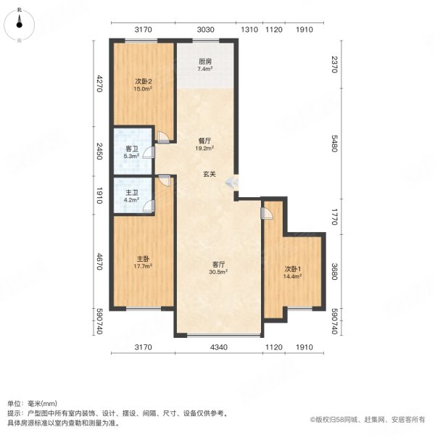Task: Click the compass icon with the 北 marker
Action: (x=20, y=25)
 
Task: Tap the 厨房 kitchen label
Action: (x=205, y=62)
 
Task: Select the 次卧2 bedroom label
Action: (x=143, y=81)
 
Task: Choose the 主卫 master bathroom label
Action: (x=131, y=192)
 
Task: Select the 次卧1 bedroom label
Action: (x=292, y=269)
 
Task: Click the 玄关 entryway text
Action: (x=210, y=174)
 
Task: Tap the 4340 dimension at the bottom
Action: (x=219, y=347)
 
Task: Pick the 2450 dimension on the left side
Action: (x=99, y=152)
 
